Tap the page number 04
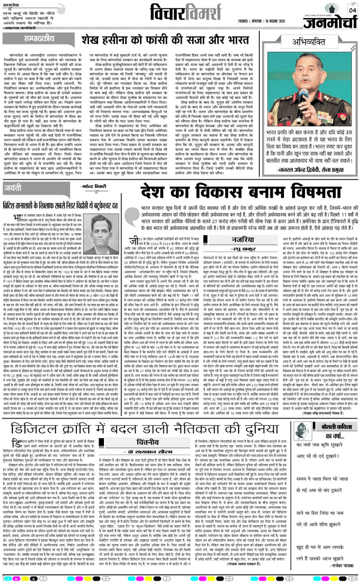point(351,10)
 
